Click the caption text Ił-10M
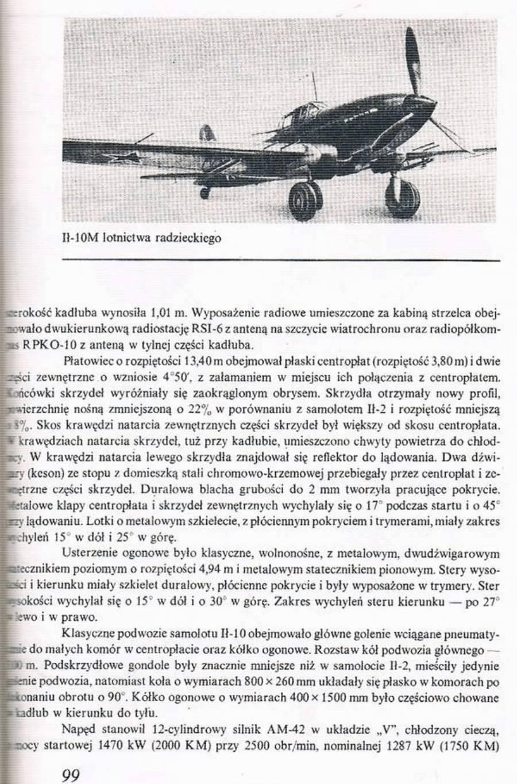click(x=80, y=237)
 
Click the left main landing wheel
click(x=304, y=201)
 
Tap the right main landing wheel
click(x=402, y=196)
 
